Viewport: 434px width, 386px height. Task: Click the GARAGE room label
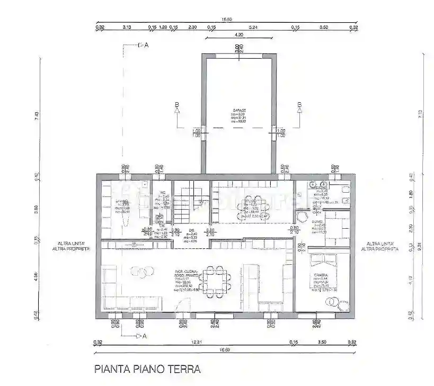click(238, 111)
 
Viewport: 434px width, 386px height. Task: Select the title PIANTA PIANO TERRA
click(147, 369)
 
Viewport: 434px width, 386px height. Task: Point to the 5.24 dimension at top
click(253, 26)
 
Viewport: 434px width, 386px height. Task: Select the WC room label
click(164, 193)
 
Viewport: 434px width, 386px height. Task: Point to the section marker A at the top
click(146, 46)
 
